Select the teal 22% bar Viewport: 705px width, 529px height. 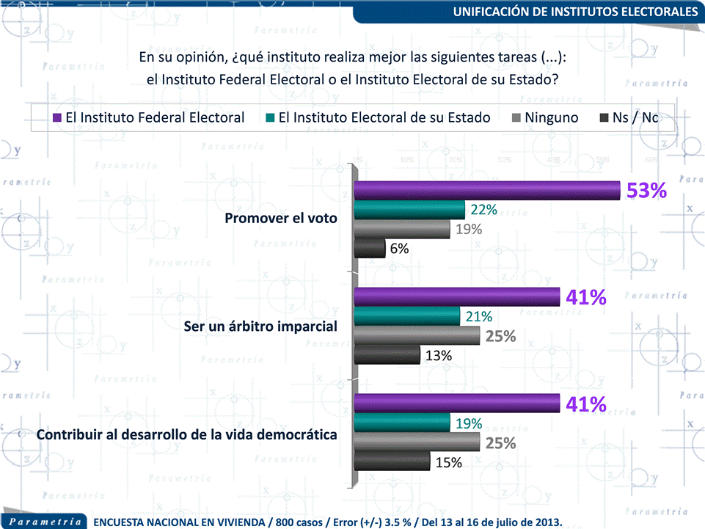pos(409,210)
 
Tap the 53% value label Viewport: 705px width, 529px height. pos(646,191)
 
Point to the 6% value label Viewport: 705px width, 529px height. pos(400,249)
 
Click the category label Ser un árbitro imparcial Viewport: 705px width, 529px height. pos(260,326)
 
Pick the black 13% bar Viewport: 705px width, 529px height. pos(387,355)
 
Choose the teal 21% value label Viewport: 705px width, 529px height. pos(478,317)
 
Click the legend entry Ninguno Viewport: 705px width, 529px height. pos(544,117)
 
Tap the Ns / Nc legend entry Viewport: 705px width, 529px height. pos(629,117)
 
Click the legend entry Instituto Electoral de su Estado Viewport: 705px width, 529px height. pos(377,117)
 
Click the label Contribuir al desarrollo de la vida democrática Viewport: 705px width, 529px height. pos(187,434)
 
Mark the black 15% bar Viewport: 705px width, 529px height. pos(392,461)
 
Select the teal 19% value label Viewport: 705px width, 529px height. pos(468,423)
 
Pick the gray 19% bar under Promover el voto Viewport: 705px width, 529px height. pos(401,230)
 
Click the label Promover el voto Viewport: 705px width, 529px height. pos(281,219)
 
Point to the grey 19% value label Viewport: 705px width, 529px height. pos(468,229)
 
